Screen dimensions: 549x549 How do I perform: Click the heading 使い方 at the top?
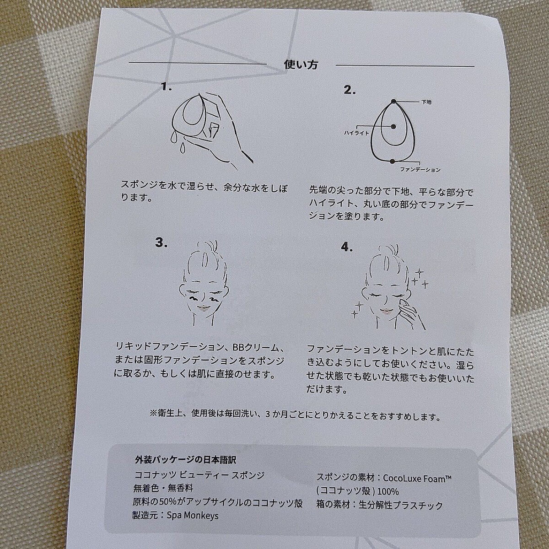click(301, 65)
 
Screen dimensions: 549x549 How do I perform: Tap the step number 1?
click(166, 86)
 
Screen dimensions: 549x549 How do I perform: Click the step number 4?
click(347, 247)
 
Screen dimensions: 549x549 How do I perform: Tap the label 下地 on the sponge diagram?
click(426, 102)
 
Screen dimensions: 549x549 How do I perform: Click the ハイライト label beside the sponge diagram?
click(356, 133)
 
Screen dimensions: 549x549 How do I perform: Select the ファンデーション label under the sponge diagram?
click(420, 170)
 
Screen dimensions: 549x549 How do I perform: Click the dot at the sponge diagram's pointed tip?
click(393, 101)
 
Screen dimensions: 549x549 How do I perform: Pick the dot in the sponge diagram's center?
click(393, 126)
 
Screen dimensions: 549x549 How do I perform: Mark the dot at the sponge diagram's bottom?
click(393, 161)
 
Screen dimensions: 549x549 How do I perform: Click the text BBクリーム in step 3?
click(255, 348)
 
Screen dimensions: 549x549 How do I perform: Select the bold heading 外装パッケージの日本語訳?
click(185, 460)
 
